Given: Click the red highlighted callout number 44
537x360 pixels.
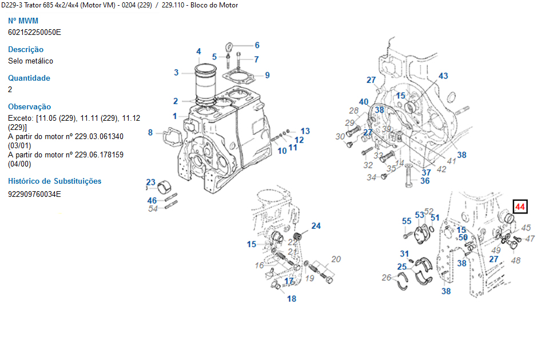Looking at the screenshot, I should point(520,207).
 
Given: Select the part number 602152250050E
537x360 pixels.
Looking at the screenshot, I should point(34,32).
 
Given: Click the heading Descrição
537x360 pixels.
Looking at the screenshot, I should point(26,49).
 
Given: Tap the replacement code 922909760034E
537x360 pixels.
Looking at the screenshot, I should point(34,194).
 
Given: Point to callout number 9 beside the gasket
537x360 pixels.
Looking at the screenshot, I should point(267,75).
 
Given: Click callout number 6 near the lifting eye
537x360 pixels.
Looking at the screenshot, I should point(257,45).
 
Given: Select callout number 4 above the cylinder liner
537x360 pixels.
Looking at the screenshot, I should point(199,52).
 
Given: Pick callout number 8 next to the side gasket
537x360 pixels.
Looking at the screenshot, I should point(150,133).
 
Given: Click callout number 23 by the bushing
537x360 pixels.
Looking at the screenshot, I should point(151,182).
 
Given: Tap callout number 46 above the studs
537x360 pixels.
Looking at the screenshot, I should point(152,200).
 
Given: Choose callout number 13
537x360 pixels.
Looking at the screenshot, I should point(305,131).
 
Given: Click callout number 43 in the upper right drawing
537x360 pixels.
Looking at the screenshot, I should point(443,76).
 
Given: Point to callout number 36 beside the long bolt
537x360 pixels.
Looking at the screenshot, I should point(425,181).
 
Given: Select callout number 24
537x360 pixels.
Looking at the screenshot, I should point(316,226).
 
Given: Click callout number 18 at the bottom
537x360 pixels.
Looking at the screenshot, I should point(292,298).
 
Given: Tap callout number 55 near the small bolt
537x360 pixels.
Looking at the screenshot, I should point(407,221).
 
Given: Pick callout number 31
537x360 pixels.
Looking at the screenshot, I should point(404,254).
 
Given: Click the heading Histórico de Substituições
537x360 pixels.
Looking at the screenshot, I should point(54,181).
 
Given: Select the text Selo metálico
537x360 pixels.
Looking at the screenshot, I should point(31,61).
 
